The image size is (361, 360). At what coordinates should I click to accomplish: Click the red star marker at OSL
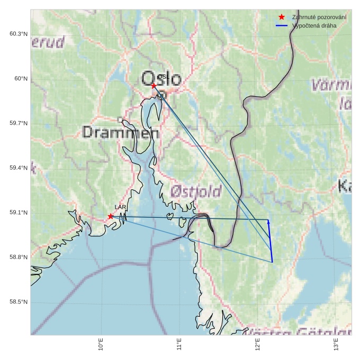(x=154, y=86)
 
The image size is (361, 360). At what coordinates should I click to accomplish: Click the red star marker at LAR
(x=111, y=216)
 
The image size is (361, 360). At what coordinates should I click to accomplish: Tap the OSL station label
(x=163, y=77)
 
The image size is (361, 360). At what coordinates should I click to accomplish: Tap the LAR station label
(x=120, y=207)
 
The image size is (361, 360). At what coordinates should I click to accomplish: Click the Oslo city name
(x=161, y=79)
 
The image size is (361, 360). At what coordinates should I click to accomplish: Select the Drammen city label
(x=121, y=132)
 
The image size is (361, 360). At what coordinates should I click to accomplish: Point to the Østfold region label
(x=196, y=191)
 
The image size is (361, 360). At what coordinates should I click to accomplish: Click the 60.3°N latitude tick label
(x=19, y=34)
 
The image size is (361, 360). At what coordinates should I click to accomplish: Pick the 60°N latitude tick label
(x=21, y=79)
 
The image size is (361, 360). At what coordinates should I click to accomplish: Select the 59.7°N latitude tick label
(x=19, y=124)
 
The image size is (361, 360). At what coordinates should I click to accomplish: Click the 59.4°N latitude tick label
(x=19, y=168)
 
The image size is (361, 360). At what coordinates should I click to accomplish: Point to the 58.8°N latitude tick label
(x=19, y=257)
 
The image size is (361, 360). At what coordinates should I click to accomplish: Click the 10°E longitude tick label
(x=101, y=345)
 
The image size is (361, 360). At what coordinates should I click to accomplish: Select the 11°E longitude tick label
(x=179, y=345)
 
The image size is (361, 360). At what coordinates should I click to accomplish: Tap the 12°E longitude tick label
(x=258, y=345)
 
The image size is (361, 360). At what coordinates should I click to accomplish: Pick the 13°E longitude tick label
(x=337, y=345)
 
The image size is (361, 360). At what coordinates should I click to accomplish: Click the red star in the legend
(x=282, y=17)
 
